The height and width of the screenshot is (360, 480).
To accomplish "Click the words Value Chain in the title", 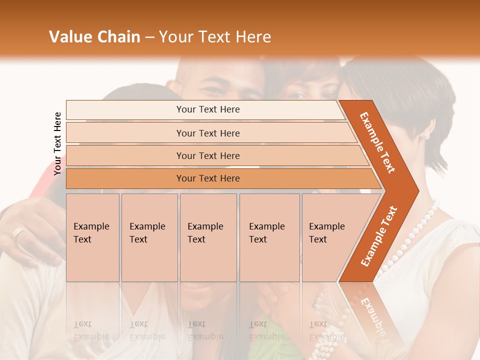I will [x=94, y=37].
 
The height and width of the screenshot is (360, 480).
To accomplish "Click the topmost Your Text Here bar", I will [x=207, y=109].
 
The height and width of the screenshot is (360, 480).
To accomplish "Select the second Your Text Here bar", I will [x=207, y=133].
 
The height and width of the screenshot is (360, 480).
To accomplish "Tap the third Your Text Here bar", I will [x=207, y=155].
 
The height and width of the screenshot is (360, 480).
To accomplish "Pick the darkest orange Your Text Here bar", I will [x=207, y=178].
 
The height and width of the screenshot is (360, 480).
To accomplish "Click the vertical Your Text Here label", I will [x=57, y=143].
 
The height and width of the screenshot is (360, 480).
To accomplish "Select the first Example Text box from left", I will [x=92, y=237].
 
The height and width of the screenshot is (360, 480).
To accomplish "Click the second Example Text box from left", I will [x=149, y=237].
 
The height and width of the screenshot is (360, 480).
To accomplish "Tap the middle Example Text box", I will [x=207, y=237].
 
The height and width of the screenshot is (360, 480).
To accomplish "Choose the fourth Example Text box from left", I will [x=269, y=237].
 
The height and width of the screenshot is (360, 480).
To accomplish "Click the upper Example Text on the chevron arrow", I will [x=378, y=142].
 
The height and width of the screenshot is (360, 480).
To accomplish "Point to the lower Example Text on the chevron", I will [x=379, y=236].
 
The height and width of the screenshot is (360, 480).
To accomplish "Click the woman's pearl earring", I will [x=426, y=135].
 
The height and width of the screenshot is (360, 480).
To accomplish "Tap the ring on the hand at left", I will [x=18, y=232].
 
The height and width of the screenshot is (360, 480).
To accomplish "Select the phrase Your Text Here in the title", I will [x=215, y=37].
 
